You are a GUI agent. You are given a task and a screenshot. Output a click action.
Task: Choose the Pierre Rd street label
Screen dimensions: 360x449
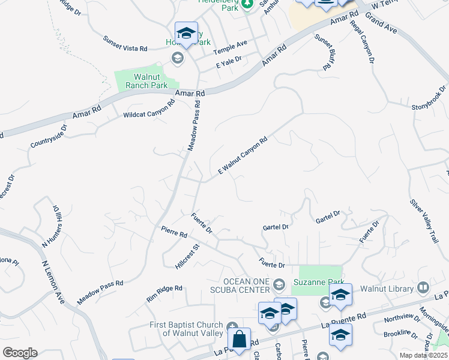click(174, 232)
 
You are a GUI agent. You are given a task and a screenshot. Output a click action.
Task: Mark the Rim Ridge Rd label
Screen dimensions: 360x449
click(164, 293)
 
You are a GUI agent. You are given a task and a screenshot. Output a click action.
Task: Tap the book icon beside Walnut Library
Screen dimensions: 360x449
click(423, 288)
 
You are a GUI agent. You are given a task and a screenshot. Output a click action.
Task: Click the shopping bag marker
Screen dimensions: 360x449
click(240, 339)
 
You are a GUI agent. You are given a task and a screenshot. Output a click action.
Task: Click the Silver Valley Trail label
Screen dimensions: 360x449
click(424, 221)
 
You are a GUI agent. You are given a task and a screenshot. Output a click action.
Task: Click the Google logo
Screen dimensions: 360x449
click(20, 352)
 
